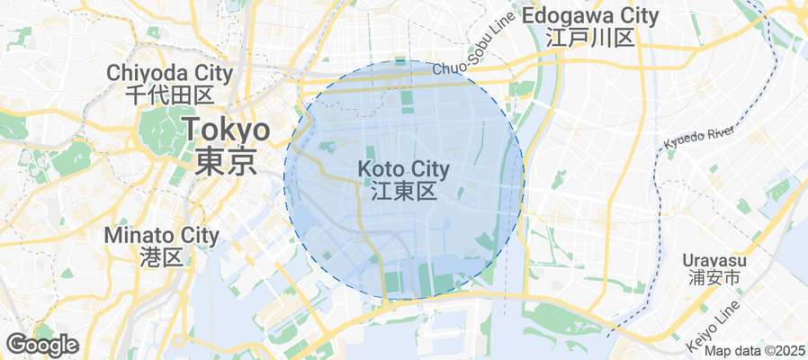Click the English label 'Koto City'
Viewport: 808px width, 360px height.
[x=403, y=169]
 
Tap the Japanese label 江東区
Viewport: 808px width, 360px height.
[x=403, y=191]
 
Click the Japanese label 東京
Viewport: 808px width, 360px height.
[x=226, y=162]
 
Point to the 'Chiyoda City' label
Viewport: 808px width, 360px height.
[x=169, y=73]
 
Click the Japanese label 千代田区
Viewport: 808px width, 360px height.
[x=169, y=94]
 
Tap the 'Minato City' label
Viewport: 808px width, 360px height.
[x=162, y=236]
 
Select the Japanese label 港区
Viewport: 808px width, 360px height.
[x=162, y=257]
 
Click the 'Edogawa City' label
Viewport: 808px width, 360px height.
[x=590, y=16]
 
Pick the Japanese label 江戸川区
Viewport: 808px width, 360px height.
[x=590, y=38]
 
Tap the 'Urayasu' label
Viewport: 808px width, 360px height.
[x=714, y=259]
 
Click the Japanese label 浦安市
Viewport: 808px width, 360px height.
[x=714, y=279]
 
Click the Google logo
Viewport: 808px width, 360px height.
[x=41, y=344]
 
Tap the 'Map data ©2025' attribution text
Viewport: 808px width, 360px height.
[x=755, y=351]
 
